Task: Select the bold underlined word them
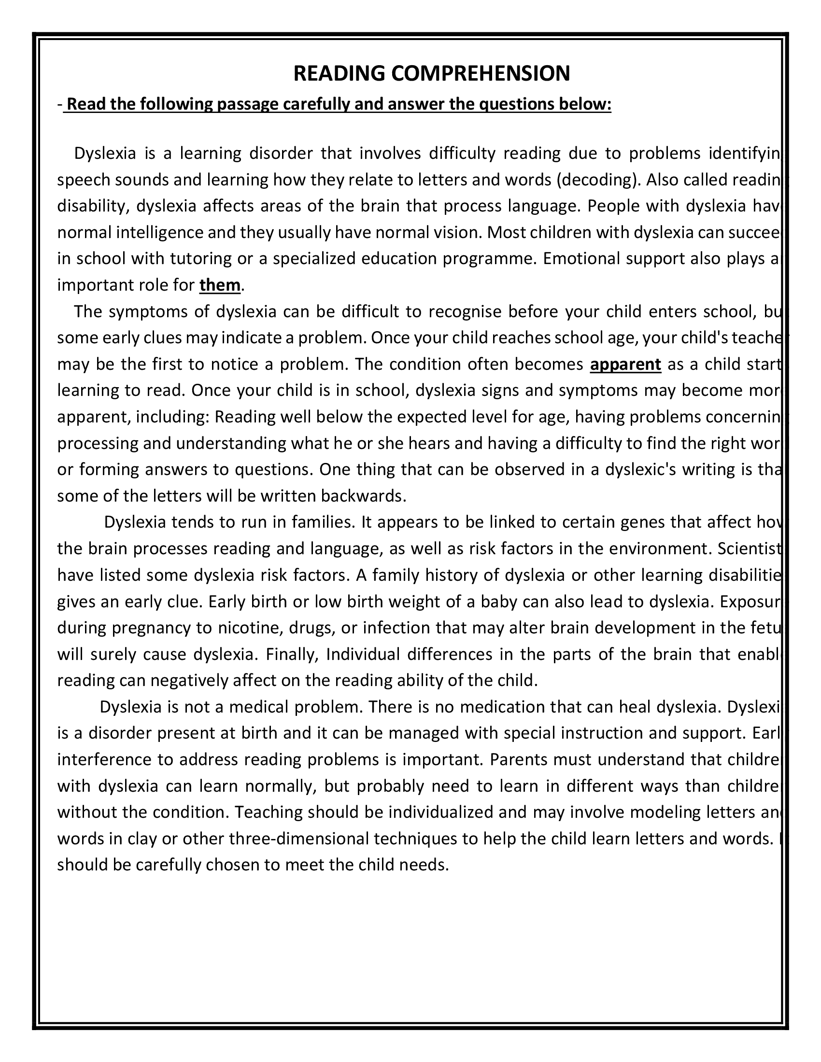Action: (220, 285)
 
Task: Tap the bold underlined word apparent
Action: (625, 364)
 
